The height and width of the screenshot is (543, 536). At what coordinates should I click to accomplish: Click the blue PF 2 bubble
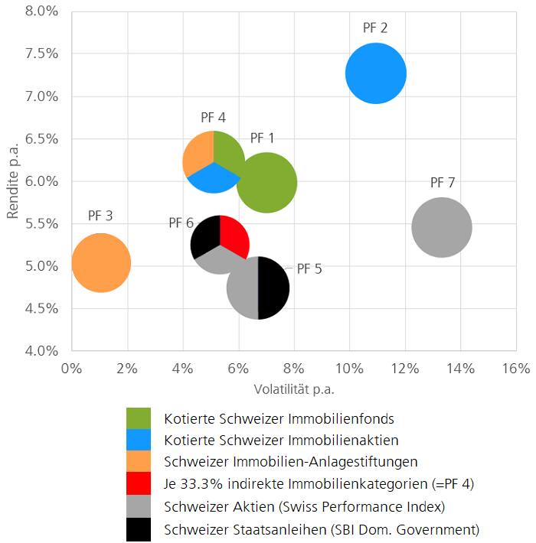pos(375,73)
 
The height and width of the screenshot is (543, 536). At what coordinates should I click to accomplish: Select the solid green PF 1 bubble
pos(270,184)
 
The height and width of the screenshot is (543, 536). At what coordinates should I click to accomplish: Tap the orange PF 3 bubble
pos(100,262)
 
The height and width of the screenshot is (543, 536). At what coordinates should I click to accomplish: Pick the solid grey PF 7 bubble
pos(441,227)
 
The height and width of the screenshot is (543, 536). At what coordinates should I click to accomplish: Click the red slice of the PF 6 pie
pos(234,235)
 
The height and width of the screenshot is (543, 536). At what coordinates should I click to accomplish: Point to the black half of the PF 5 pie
pos(273,288)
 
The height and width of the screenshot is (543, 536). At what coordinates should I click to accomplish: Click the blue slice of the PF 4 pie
pos(214,179)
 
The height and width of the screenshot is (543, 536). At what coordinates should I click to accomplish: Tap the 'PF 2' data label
pos(375,28)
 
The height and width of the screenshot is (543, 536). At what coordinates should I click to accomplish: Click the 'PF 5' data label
pos(309,269)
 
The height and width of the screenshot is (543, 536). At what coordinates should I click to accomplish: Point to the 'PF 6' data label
pos(181,223)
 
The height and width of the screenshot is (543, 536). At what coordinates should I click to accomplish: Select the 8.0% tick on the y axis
pos(38,11)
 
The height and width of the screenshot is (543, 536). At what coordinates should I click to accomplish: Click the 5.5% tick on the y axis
pos(38,224)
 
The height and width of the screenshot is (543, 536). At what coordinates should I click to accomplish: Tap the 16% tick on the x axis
pos(515,369)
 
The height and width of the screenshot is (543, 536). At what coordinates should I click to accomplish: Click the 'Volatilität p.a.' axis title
pos(294,389)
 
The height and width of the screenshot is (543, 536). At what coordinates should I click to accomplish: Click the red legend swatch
pos(139,484)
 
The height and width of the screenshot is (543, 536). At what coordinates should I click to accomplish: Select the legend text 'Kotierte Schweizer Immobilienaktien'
pos(281,440)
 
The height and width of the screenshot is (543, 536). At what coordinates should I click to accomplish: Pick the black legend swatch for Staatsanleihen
pos(139,528)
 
